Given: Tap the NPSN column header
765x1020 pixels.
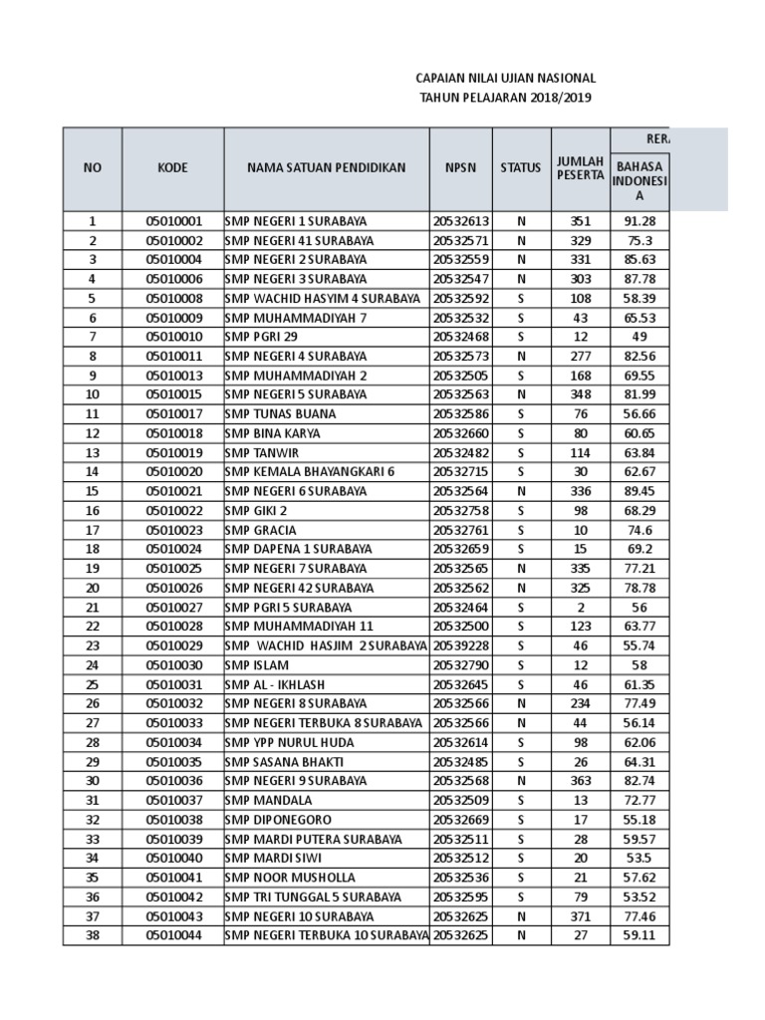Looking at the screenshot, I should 460,168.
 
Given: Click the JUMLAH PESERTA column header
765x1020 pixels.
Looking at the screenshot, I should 580,168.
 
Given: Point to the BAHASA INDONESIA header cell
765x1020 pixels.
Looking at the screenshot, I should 640,181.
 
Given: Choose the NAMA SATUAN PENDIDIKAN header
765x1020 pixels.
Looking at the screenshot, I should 326,168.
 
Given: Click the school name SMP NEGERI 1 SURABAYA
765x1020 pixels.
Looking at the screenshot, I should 296,221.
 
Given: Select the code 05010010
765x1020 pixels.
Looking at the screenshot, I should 173,337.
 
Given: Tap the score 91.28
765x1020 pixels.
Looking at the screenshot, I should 640,221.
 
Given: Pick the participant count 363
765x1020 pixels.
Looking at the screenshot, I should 580,781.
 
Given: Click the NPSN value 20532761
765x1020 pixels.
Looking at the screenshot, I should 460,530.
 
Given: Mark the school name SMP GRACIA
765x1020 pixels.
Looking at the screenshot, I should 261,530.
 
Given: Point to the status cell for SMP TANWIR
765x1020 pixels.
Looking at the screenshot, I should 520,452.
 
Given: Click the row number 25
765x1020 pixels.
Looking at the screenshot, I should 93,684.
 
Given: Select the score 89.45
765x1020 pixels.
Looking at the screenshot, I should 640,491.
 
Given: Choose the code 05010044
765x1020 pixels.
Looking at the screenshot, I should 173,935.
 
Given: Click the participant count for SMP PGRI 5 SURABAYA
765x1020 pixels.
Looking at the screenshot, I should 580,607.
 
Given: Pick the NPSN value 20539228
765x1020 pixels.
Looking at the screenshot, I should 460,645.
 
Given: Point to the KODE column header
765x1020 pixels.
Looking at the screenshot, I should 173,168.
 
